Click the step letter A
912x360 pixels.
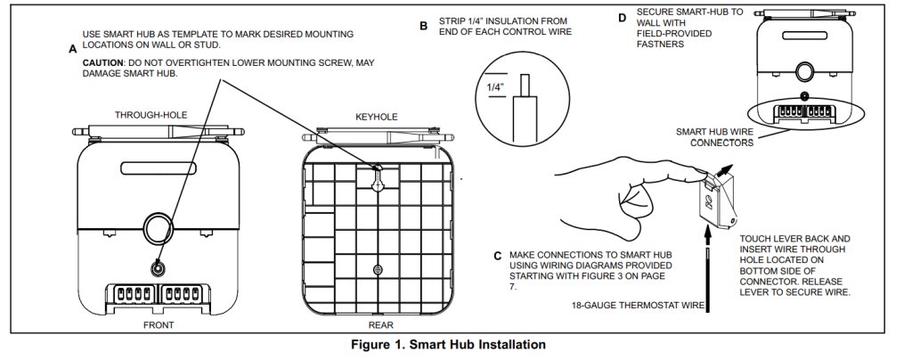(72, 50)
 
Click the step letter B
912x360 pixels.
(424, 27)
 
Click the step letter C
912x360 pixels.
(497, 256)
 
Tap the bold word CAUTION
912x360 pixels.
(102, 62)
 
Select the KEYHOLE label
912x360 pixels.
(377, 116)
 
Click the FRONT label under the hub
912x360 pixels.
(159, 325)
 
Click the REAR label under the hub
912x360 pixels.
(380, 325)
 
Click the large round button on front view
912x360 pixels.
(159, 227)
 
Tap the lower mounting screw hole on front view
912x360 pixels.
(159, 269)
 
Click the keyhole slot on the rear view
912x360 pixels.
(379, 178)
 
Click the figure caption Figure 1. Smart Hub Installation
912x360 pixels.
(455, 344)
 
